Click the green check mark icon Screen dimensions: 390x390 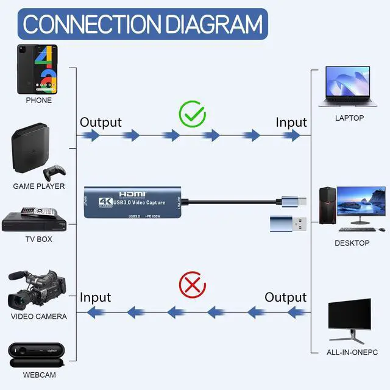[192, 115]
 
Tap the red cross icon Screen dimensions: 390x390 [192, 285]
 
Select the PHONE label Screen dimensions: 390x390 [38, 100]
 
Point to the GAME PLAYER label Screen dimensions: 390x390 [39, 186]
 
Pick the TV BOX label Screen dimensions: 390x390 [38, 239]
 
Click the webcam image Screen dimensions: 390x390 [37, 352]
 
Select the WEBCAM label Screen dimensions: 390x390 [39, 374]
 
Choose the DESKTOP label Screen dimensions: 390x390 [352, 243]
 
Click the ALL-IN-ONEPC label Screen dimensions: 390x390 [352, 352]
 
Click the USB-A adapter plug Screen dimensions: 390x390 [291, 223]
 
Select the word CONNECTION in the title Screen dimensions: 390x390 [91, 24]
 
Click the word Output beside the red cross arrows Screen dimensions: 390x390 [285, 297]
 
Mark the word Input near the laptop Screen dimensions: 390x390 [291, 122]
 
